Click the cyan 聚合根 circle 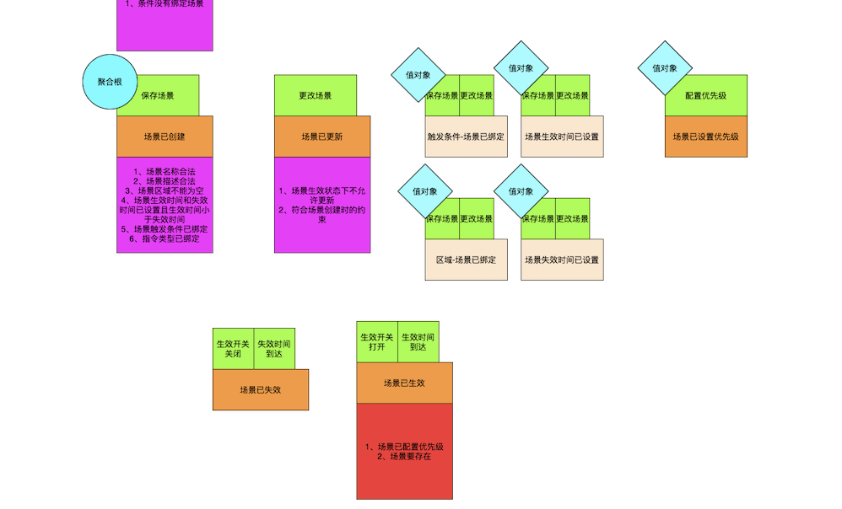[x=110, y=82]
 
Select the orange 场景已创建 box [x=165, y=137]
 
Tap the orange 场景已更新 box [x=322, y=137]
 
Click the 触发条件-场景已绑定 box [x=466, y=137]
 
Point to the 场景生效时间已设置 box [x=562, y=137]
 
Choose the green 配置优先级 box [x=706, y=95]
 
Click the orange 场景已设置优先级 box [x=706, y=137]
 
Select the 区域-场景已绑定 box [x=466, y=260]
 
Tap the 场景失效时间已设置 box [x=562, y=260]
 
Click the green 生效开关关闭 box [x=233, y=349]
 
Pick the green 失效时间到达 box [x=274, y=349]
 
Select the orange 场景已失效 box [x=261, y=389]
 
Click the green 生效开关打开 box [x=377, y=342]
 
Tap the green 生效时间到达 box [x=418, y=342]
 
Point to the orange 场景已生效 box [x=404, y=383]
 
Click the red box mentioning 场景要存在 [x=404, y=451]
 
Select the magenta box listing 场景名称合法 [x=165, y=205]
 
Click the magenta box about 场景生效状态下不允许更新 [x=322, y=205]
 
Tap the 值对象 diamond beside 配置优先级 [x=665, y=68]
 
